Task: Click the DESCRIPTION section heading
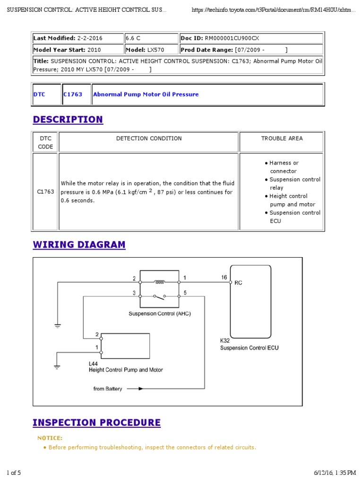click(x=68, y=120)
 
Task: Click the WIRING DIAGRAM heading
click(x=79, y=245)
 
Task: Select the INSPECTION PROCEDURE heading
click(x=96, y=423)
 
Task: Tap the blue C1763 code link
click(x=73, y=95)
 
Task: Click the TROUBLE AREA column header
click(x=282, y=138)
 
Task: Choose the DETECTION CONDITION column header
click(x=149, y=138)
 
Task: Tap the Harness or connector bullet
click(x=284, y=167)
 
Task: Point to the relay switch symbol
click(x=160, y=297)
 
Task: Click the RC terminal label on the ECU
click(x=239, y=283)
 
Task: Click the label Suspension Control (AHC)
click(x=160, y=314)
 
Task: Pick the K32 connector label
click(x=225, y=340)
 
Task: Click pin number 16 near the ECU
click(x=224, y=277)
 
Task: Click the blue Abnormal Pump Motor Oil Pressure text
click(x=146, y=95)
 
